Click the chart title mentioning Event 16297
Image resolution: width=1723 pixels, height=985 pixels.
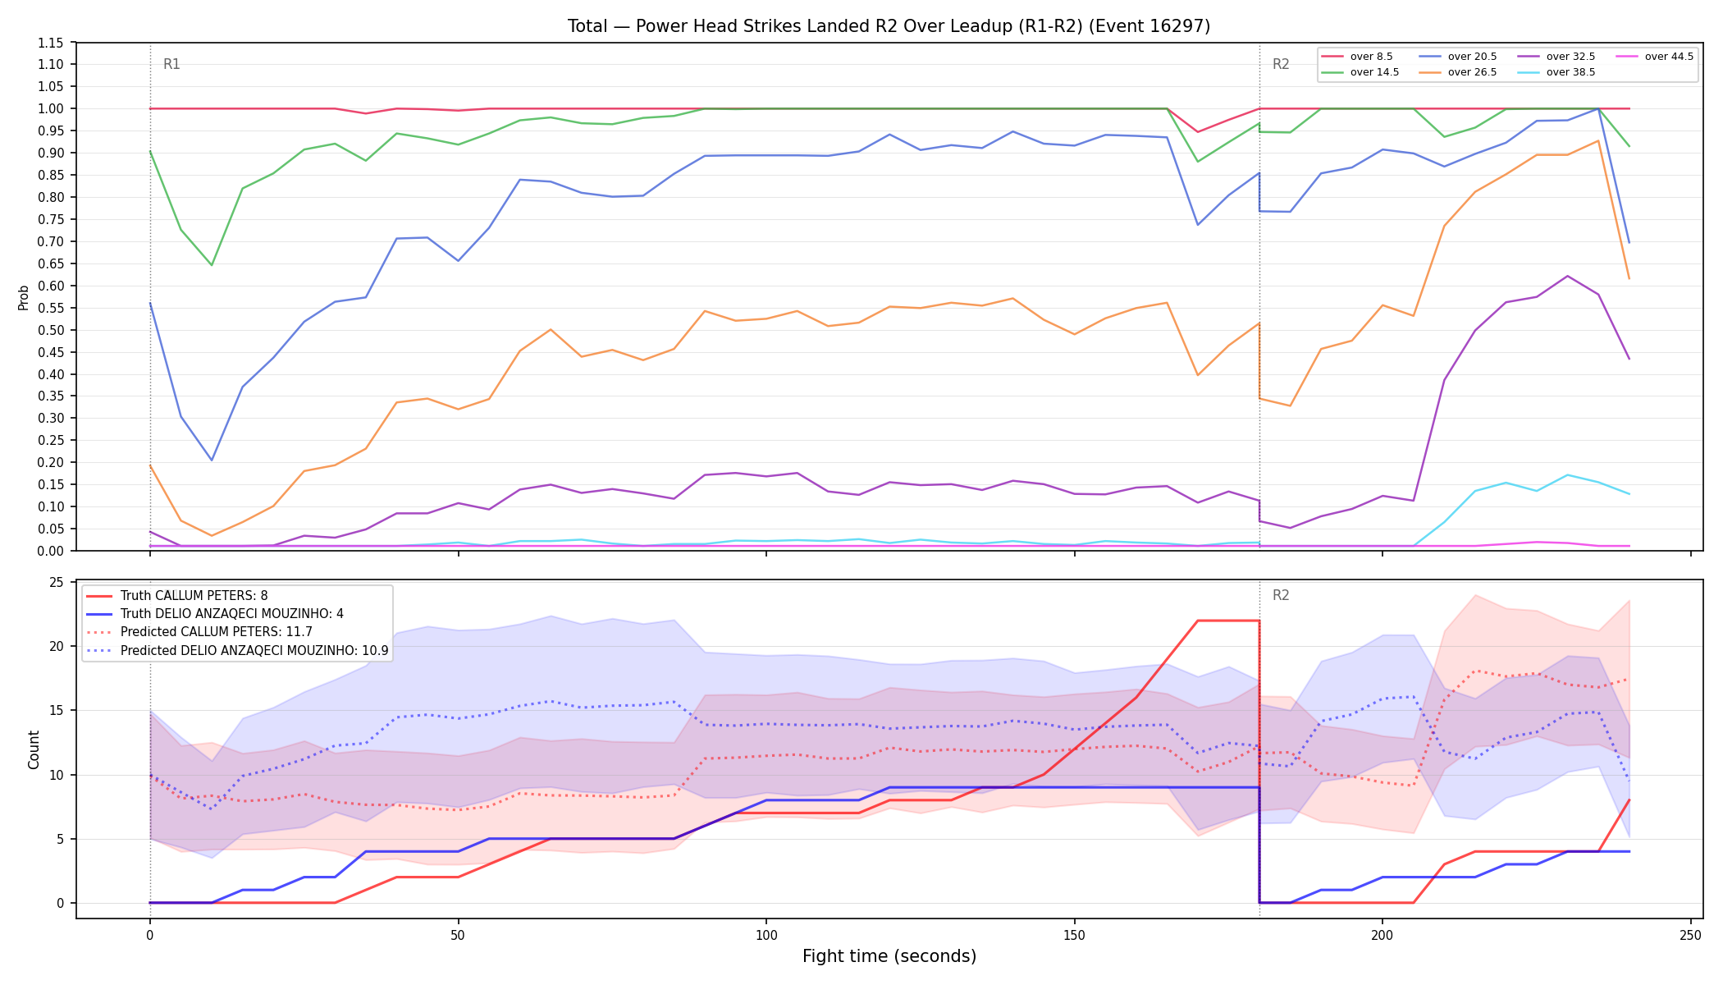coord(889,26)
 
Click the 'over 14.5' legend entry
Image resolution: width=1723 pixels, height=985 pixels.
coord(1360,72)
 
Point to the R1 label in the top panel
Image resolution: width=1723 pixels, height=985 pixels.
coord(171,64)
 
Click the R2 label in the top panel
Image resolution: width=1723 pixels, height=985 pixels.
coord(1281,64)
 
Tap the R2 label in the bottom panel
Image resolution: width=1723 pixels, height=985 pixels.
coord(1281,595)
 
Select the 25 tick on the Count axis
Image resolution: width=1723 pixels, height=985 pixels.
coord(57,582)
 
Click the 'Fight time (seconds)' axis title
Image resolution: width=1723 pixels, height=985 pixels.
coord(889,956)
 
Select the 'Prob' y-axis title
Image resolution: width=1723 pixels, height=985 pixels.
coord(23,297)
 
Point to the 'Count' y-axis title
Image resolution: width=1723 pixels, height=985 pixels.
coord(34,749)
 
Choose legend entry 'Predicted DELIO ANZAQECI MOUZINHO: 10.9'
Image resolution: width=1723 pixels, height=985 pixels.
coord(238,650)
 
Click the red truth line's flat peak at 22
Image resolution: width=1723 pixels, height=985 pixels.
coord(1228,621)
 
